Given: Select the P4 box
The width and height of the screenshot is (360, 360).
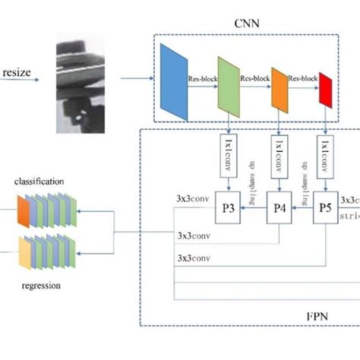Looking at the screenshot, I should coord(279,206).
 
